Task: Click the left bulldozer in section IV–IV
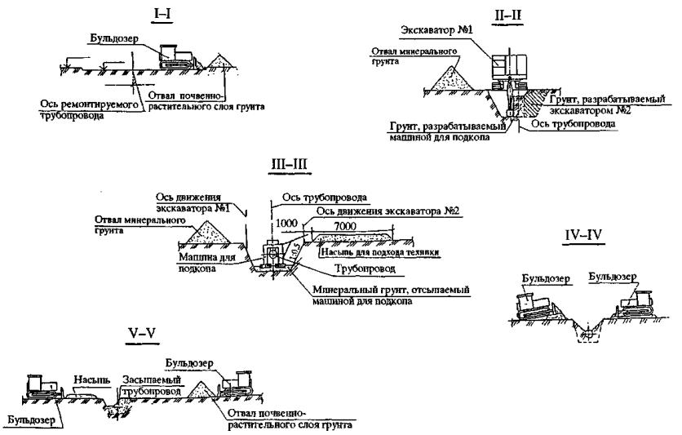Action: [538, 305]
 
